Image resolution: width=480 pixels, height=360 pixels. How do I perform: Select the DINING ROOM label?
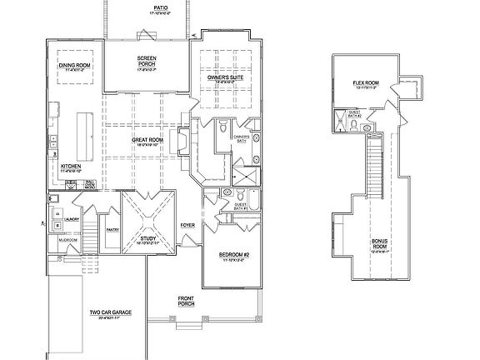pos(76,66)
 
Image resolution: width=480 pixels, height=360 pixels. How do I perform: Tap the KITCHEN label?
pos(70,167)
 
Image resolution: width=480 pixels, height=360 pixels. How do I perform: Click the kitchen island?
pos(85,136)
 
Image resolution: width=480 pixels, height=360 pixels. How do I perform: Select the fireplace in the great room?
pos(175,138)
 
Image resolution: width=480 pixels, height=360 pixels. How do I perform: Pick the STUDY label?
pos(148,240)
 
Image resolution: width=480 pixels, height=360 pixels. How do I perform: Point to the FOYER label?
pos(187,224)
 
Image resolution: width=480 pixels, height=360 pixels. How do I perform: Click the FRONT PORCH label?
pos(187,301)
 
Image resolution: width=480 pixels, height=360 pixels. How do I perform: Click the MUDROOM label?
pos(67,240)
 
